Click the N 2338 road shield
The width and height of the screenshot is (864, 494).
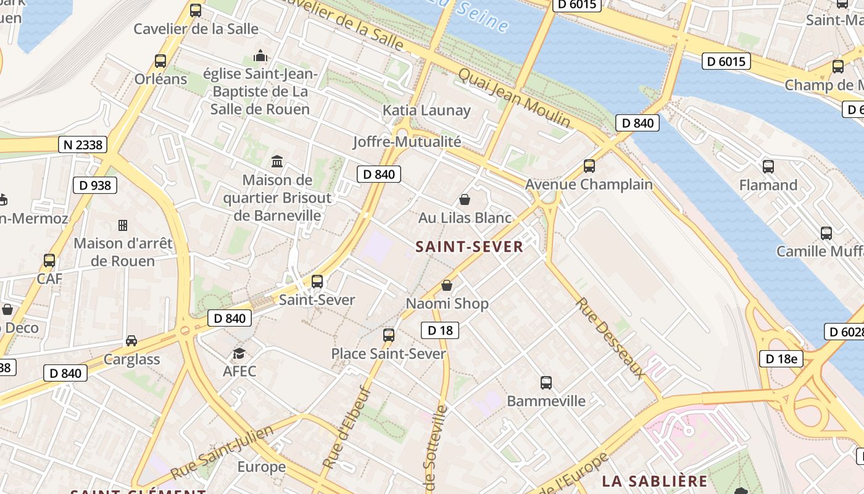(x=83, y=145)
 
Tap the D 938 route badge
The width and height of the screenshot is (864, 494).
(x=95, y=185)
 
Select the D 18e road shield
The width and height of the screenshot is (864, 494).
(x=781, y=359)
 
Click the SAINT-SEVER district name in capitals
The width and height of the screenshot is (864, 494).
(x=469, y=247)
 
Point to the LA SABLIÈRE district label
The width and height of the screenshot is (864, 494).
(x=655, y=481)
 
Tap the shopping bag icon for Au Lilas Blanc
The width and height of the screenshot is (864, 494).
(x=465, y=199)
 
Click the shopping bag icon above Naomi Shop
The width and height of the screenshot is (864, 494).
(x=447, y=285)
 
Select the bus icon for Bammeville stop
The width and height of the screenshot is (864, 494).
(x=546, y=382)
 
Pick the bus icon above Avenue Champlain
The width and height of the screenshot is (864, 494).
(x=589, y=166)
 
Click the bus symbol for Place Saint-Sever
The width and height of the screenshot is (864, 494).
(x=389, y=335)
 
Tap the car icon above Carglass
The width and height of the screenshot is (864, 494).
(x=131, y=341)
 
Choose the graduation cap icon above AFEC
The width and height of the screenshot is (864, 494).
(x=239, y=353)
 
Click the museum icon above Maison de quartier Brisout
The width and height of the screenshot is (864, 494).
(x=277, y=162)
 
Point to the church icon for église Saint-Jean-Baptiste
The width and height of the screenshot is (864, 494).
(x=260, y=56)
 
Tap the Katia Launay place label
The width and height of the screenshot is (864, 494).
(x=426, y=111)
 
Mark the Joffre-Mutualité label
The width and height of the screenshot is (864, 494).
(x=407, y=141)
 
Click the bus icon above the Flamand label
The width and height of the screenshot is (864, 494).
(x=768, y=167)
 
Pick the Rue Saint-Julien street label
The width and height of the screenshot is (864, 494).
(x=222, y=452)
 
